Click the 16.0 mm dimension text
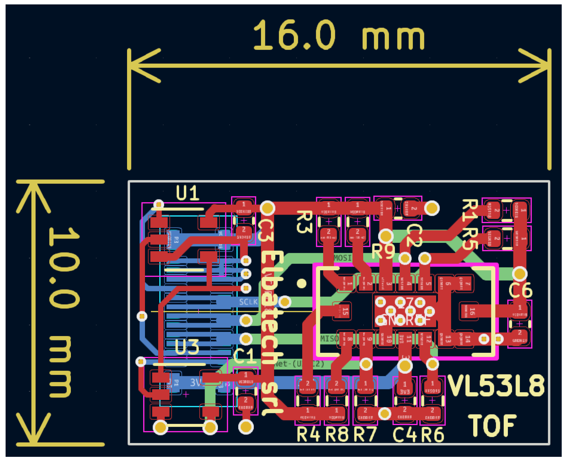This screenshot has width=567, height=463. click(338, 35)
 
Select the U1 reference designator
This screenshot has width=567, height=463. click(188, 193)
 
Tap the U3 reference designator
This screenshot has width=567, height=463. click(187, 347)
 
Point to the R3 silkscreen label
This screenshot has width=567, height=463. click(304, 222)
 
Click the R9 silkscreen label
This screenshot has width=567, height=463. click(383, 252)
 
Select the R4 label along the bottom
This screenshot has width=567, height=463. click(308, 434)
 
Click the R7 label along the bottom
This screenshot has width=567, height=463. click(365, 434)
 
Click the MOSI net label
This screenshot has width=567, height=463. click(343, 258)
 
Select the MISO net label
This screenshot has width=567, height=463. click(329, 339)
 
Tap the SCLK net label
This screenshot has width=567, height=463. click(249, 302)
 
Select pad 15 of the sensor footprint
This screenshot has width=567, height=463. click(342, 311)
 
